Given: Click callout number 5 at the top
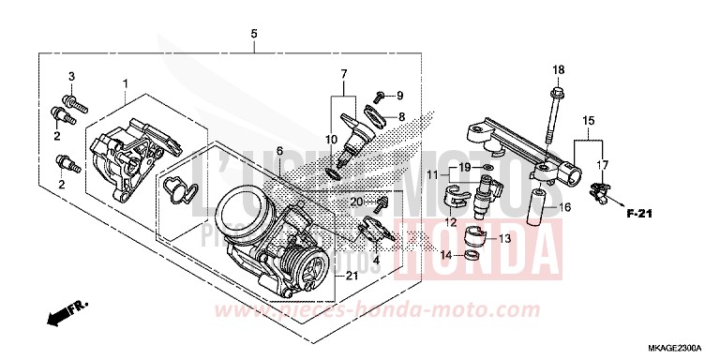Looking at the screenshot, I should [253, 35].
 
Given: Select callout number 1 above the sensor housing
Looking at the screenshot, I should [125, 85].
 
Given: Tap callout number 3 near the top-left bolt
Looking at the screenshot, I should [69, 75].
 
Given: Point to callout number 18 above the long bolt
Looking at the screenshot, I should [558, 70].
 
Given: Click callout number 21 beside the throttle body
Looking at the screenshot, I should [352, 275].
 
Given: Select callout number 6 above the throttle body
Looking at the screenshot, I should [278, 151].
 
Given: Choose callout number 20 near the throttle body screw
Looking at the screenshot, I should [355, 201].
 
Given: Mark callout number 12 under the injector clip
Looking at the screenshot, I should [450, 223].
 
